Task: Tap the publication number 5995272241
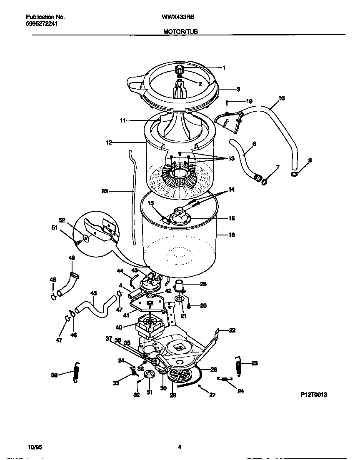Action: tap(42, 24)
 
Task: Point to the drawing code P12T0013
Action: tap(313, 394)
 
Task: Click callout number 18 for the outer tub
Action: tap(232, 235)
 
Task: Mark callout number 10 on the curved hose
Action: tap(281, 99)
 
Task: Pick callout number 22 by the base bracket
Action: tap(232, 330)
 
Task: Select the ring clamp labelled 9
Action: tap(295, 173)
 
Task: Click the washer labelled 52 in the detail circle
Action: tap(85, 239)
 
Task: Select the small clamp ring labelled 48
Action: tap(53, 297)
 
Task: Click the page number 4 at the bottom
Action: tap(180, 447)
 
